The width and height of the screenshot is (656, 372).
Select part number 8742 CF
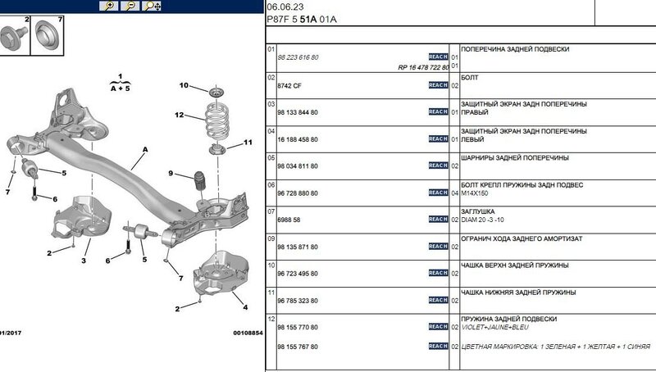coord(290,85)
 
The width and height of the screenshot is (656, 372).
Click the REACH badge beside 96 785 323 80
coord(438,301)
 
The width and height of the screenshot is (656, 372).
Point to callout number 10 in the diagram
coord(184,86)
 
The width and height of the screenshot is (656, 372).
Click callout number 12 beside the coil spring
coord(179,116)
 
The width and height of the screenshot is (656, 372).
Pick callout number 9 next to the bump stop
coord(171,174)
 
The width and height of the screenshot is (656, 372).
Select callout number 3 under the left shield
coord(84,261)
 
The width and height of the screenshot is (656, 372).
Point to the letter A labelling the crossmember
coord(145,150)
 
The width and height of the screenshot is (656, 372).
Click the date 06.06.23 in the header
coord(284,6)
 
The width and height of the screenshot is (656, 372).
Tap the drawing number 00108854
coord(247,333)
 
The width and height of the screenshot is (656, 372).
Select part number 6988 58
coord(290,220)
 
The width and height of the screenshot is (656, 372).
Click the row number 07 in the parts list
coord(273,211)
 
